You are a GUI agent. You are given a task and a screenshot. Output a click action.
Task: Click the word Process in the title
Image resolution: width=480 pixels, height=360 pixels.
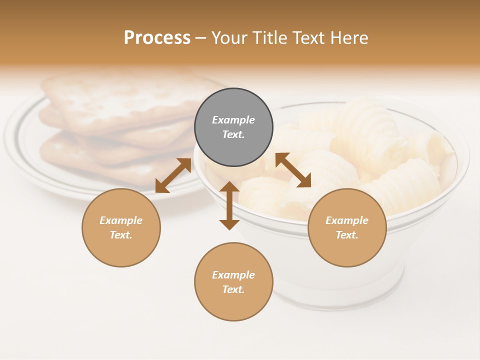tap(157, 37)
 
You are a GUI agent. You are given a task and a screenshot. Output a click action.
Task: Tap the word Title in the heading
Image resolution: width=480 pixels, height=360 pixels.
tap(267, 37)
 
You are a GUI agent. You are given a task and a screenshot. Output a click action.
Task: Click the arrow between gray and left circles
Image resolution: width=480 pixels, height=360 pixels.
tap(173, 175)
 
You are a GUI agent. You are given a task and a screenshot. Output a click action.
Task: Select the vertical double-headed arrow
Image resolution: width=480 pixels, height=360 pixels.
tap(229, 205)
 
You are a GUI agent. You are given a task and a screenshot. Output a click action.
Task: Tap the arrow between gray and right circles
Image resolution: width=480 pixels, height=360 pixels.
tap(293, 170)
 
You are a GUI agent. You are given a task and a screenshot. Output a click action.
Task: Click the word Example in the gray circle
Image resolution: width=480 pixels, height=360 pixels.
tap(233, 120)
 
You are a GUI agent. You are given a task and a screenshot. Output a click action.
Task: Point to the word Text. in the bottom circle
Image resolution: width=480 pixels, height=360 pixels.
tap(233, 289)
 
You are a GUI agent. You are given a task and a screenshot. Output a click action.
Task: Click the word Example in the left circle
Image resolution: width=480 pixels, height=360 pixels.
tap(121, 220)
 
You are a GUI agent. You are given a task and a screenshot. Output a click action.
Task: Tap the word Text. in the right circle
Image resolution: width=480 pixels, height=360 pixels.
tap(347, 235)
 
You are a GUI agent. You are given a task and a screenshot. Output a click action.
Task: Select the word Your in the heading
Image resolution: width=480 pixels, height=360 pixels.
tap(229, 37)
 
